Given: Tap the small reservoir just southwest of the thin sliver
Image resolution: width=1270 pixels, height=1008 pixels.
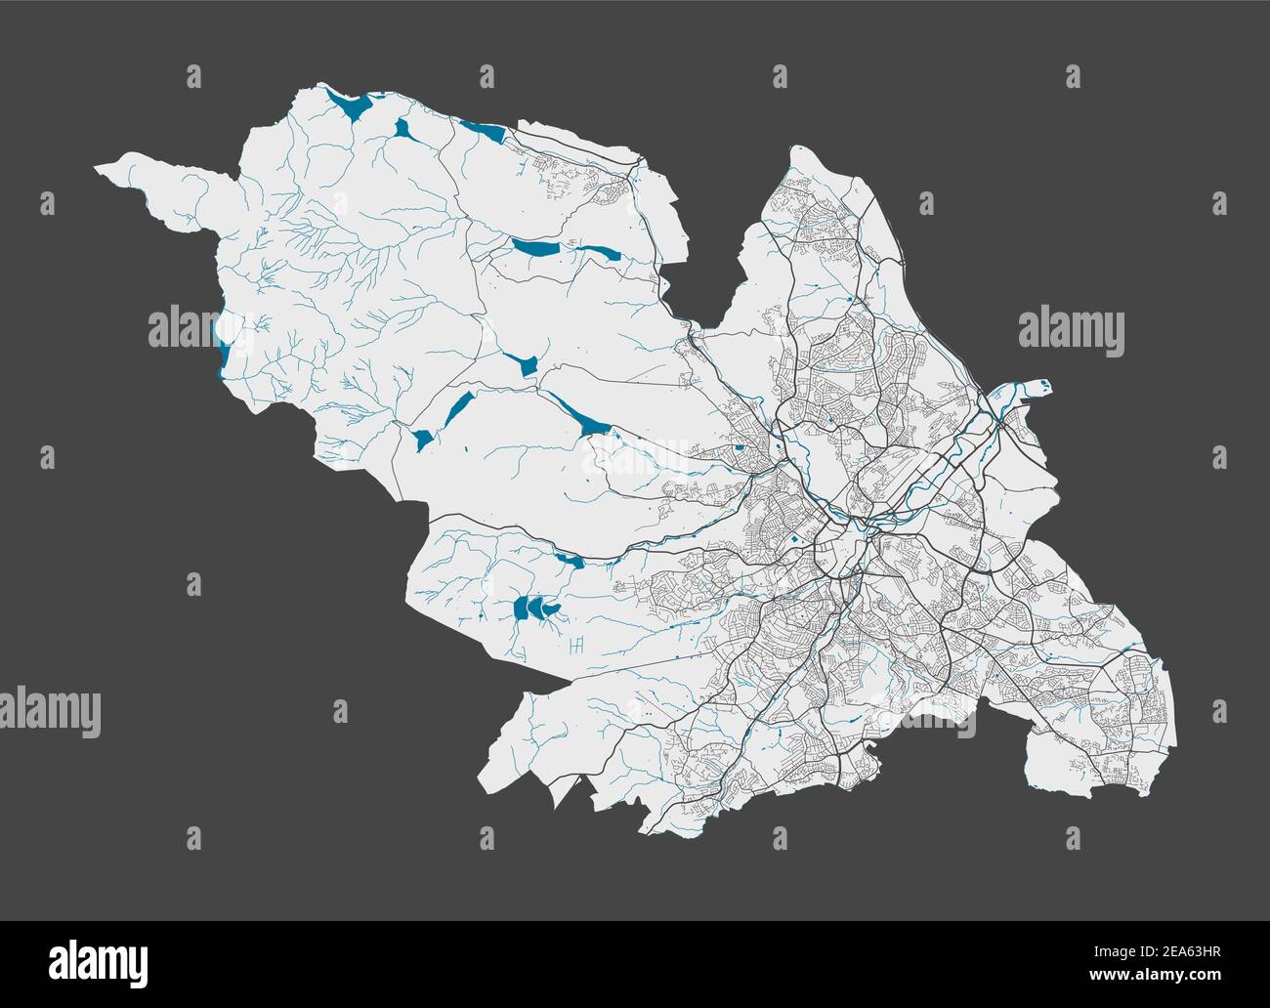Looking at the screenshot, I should [422, 440].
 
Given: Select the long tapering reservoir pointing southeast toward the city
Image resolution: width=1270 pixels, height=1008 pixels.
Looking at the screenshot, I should [580, 415].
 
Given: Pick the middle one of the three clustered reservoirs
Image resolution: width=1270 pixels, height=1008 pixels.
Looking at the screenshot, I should [535, 609].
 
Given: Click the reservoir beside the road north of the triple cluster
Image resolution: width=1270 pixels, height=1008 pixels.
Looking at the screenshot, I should [569, 561].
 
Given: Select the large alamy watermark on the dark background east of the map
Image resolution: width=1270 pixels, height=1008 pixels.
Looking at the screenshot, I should [1071, 330].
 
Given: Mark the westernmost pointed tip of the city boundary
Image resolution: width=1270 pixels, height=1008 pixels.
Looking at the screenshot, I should [96, 169].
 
